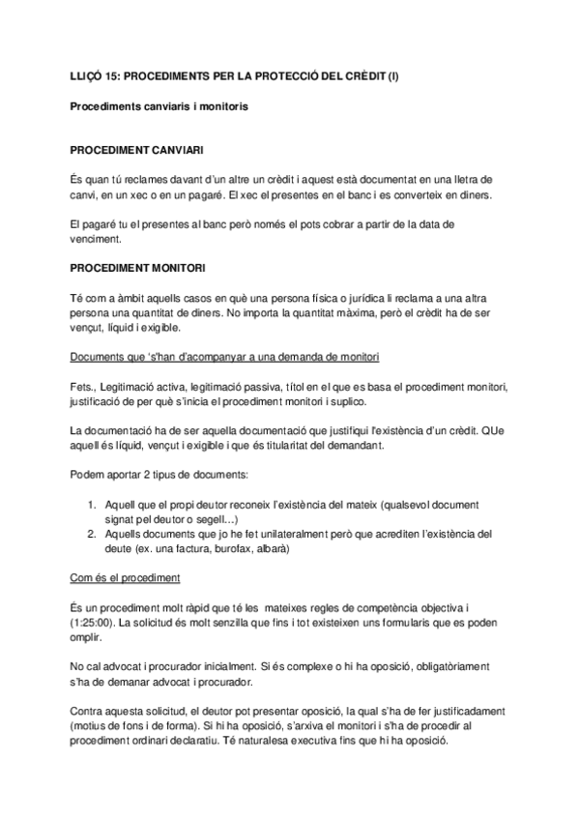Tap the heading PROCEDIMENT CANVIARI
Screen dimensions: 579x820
pos(136,151)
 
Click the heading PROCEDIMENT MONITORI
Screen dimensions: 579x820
pos(136,266)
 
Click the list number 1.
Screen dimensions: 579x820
pos(92,505)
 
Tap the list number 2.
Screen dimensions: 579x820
pos(92,533)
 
